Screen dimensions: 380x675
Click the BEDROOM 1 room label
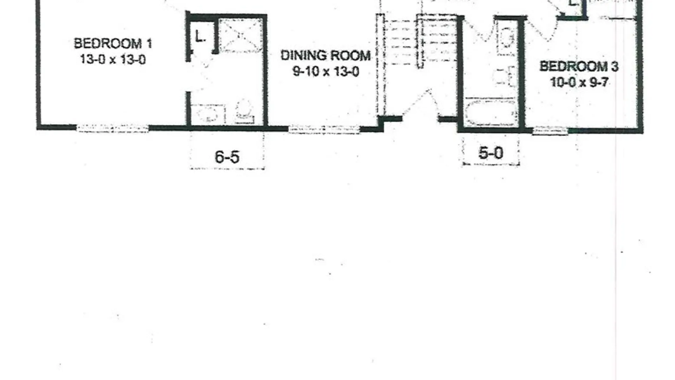pos(113,44)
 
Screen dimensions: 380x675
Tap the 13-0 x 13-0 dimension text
pos(113,59)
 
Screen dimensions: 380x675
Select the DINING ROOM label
pos(326,56)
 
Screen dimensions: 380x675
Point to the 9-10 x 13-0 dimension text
pos(326,72)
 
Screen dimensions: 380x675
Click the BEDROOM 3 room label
pos(579,66)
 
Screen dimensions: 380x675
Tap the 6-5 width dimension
pos(227,157)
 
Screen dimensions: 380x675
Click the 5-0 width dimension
pos(490,153)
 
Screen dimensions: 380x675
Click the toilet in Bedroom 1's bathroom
pos(245,111)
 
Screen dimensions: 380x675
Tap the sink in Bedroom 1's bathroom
pos(208,113)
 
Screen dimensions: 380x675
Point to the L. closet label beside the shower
pos(200,36)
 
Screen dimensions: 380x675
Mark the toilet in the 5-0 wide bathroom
pos(506,39)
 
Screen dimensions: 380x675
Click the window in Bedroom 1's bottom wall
pos(112,128)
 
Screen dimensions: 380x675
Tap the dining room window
pos(324,129)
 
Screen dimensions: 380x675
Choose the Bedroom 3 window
pos(550,131)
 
